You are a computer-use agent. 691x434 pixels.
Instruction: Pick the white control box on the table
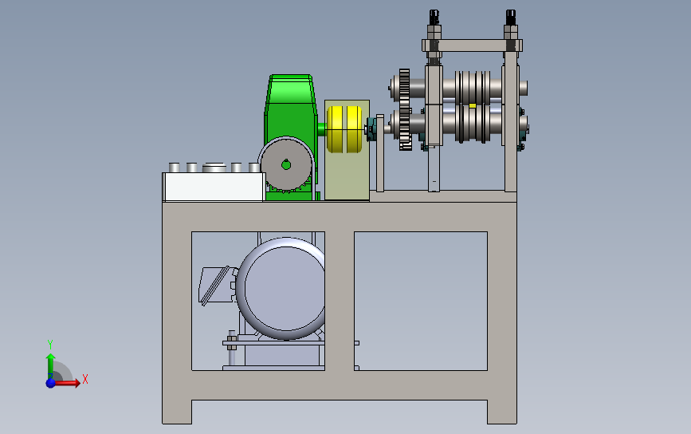point(214,187)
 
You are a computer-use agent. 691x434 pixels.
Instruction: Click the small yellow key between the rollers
point(473,105)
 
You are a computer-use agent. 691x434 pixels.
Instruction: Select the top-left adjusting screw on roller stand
point(434,18)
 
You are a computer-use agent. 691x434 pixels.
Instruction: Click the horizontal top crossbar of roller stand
point(472,46)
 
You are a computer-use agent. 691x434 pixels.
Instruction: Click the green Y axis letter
point(50,343)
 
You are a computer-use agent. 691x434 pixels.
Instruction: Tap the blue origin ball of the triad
point(51,383)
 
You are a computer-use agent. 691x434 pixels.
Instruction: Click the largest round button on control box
point(214,168)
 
